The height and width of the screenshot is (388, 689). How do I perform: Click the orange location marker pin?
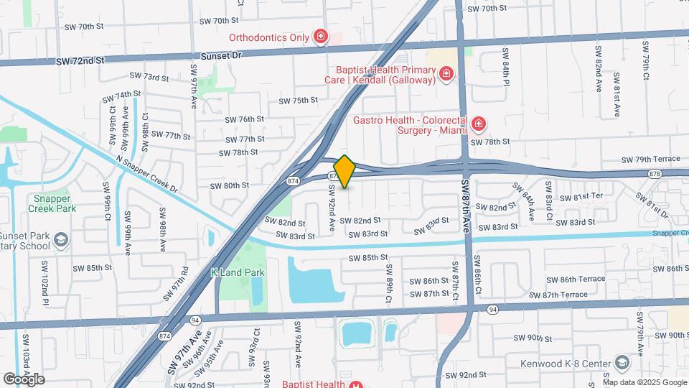coord(344,172)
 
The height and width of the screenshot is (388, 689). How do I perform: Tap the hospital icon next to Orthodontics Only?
coord(320,37)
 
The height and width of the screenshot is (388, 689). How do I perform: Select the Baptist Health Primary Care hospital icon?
coord(446,74)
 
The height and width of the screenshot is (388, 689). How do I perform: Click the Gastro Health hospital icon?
coord(477,125)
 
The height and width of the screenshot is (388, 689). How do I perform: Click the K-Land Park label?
coord(238,272)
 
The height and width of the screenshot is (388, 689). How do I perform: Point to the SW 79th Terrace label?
coord(650,160)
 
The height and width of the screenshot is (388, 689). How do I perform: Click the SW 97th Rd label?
coord(176,277)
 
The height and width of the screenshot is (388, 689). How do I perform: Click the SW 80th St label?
coord(229,185)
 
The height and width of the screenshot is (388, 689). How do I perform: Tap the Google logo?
coord(24,379)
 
